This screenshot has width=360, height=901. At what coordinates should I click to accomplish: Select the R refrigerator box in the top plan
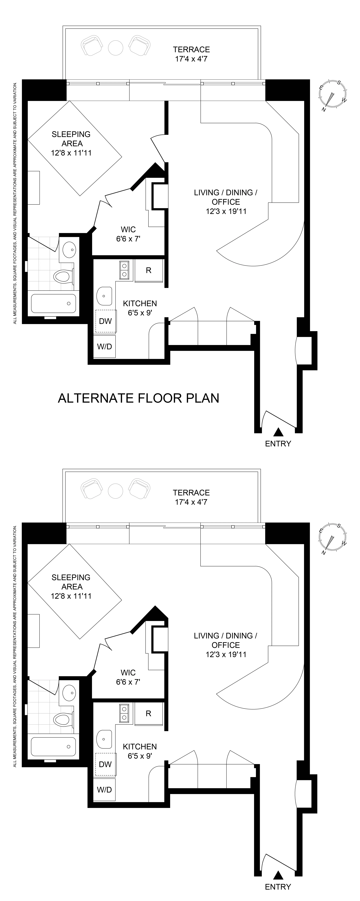click(149, 270)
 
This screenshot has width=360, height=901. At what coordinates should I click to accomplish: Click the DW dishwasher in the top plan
click(105, 321)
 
